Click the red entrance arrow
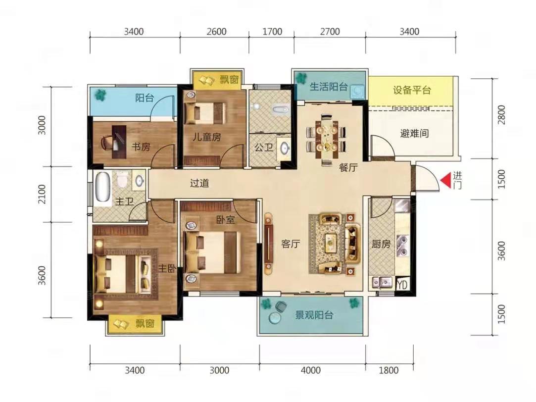445,181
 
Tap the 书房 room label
141,147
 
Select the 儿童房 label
206,137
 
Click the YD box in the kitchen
402,284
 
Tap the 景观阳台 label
314,315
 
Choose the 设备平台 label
412,90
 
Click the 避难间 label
414,133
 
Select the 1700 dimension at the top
272,32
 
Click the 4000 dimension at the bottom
311,370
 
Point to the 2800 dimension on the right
501,115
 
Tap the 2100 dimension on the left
42,194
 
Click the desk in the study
119,142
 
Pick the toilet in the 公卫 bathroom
281,109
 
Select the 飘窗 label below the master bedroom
145,323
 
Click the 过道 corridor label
199,183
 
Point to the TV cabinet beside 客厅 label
268,243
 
